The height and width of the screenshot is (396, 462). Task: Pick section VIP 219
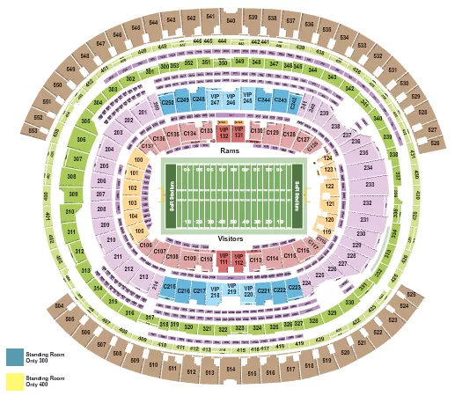(x=231, y=290)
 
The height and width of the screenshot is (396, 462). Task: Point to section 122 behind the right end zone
(x=328, y=187)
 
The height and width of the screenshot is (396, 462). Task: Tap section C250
(x=168, y=102)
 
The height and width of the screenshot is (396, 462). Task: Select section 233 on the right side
(x=363, y=186)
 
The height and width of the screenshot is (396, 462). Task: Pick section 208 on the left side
(x=103, y=209)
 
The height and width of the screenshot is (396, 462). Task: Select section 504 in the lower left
(x=59, y=307)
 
